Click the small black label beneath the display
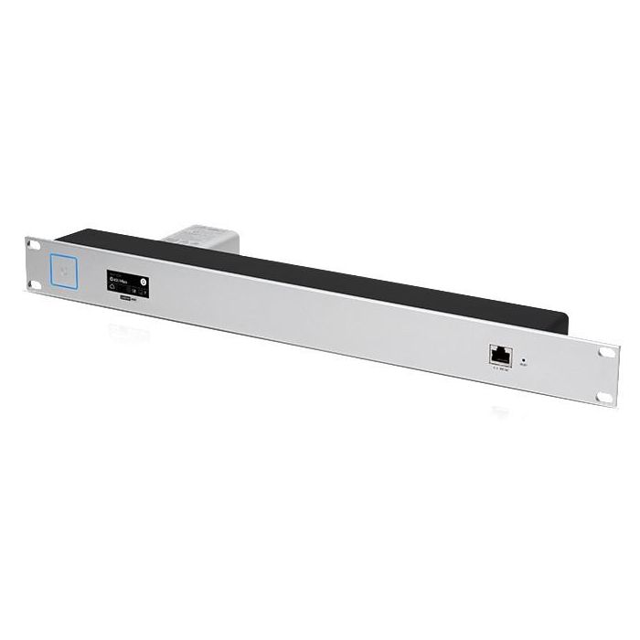click(121, 298)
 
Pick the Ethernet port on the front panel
click(501, 354)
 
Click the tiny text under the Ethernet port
click(500, 369)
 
